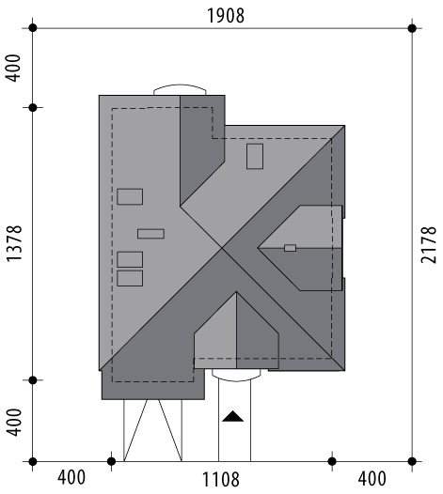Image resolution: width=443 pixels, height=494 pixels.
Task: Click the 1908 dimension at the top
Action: point(226,15)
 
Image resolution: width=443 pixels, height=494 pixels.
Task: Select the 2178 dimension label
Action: point(429,245)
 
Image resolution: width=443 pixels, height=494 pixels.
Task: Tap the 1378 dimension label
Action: point(14,243)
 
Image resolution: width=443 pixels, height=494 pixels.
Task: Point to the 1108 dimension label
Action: point(220,480)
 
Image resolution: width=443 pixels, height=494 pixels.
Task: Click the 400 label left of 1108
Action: point(71,478)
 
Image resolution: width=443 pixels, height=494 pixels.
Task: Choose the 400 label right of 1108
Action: point(372,479)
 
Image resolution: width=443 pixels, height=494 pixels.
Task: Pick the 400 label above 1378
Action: point(14,68)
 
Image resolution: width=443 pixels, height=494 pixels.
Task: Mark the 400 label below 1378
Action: point(14,423)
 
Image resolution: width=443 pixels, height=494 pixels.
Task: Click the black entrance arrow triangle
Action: point(233,416)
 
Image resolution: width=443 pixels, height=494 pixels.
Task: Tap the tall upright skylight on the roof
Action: point(255,156)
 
